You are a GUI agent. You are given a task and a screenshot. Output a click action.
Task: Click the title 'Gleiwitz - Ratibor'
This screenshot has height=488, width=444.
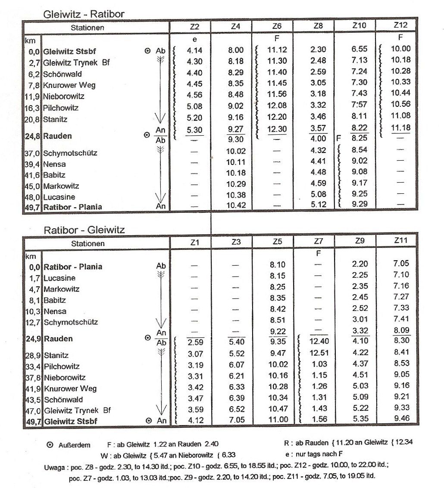coord(84,14)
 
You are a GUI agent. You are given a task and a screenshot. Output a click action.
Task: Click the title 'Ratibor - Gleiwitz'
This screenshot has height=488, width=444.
coord(84,230)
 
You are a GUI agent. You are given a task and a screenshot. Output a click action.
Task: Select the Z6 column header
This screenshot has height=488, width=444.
coord(277,26)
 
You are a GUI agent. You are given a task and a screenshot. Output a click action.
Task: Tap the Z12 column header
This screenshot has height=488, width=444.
coord(400,25)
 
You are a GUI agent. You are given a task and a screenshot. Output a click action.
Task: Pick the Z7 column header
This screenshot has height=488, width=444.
coord(318,242)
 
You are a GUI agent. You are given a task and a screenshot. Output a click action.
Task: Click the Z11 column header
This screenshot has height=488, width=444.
coord(401,240)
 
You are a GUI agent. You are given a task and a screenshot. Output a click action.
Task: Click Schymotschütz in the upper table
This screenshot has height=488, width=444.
coord(70,153)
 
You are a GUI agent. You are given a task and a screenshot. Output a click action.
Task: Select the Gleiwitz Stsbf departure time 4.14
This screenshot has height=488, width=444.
coord(195,50)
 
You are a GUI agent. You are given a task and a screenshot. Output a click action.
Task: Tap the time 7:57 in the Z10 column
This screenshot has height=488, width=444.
coord(359,105)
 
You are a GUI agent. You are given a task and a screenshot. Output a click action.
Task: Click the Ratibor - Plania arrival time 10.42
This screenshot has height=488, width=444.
coord(236,205)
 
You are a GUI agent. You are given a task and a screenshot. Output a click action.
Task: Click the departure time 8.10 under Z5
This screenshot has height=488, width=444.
coord(278,265)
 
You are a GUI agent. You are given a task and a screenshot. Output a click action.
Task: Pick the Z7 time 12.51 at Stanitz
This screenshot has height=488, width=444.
coord(318,354)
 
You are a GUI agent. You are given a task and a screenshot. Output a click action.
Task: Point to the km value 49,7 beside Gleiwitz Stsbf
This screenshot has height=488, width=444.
coord(33,421)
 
